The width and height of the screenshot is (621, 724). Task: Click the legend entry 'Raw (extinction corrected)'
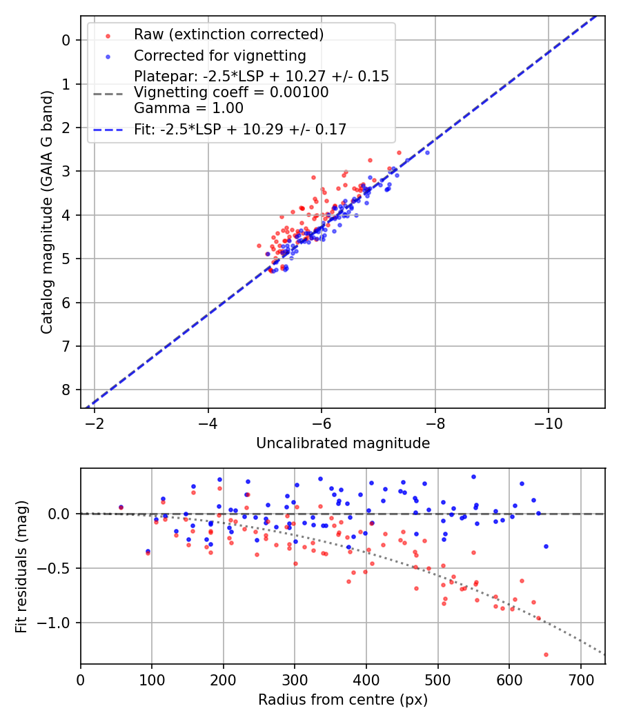coord(228,34)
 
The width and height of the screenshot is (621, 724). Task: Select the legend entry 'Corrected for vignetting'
coord(220,55)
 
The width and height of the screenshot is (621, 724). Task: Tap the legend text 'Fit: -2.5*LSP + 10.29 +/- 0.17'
coord(240,129)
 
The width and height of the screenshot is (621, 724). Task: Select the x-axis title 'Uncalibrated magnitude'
coord(343,443)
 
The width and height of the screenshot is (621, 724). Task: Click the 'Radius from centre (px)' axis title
coord(343,700)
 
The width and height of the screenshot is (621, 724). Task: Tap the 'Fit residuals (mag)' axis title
coord(21,566)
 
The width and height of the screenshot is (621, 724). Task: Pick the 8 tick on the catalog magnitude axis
coord(66,390)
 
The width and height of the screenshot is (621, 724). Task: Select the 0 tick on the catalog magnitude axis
coord(66,40)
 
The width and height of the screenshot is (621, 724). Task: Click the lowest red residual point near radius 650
coord(546,654)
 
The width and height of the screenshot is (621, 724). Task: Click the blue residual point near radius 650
coord(546,546)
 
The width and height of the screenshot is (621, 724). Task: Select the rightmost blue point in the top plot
coord(427,152)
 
